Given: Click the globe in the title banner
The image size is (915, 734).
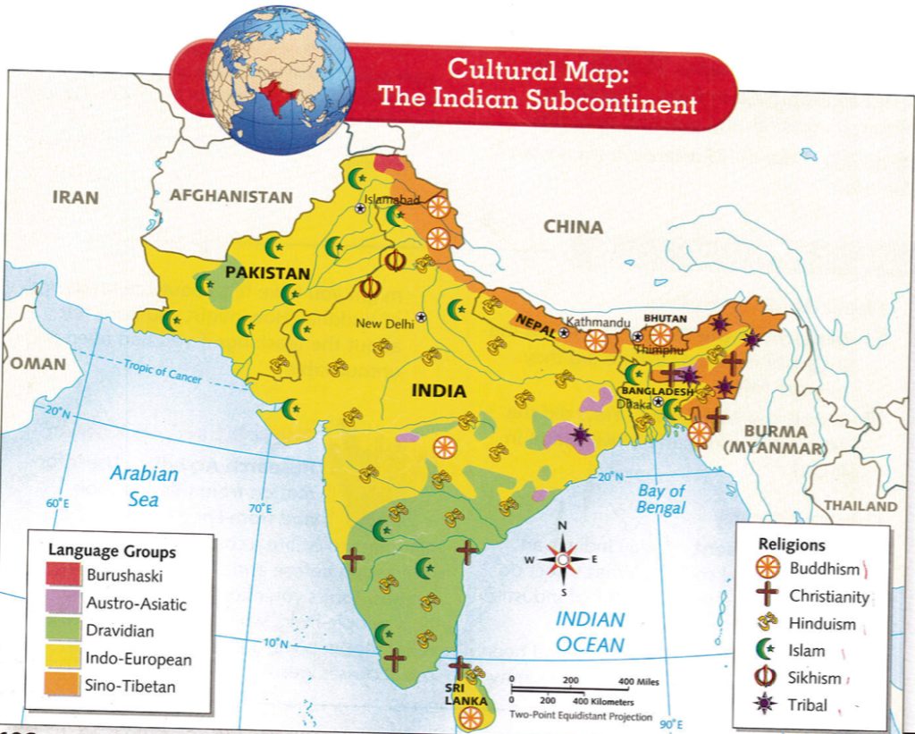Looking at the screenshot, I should tap(281, 80).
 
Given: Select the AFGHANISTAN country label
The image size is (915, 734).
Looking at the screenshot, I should tap(231, 197).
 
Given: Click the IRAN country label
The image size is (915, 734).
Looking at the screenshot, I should tap(75, 197).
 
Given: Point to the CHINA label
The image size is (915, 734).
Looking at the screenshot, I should tap(573, 227).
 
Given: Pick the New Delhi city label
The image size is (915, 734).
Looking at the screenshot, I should tap(385, 324).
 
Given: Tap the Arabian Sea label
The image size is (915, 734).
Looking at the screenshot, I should tap(144, 485).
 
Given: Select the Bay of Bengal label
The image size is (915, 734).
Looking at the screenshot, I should tap(661, 499).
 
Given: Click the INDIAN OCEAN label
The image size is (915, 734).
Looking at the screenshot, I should tap(589, 630).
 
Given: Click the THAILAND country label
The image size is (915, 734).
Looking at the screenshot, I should tap(860, 506).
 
